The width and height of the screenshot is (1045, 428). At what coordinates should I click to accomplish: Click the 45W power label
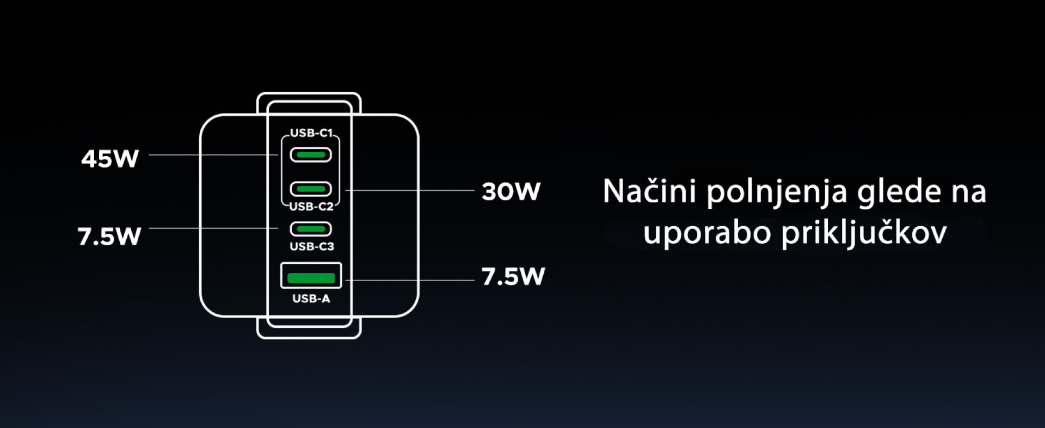(110, 158)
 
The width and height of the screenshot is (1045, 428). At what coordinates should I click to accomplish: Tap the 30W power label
(511, 191)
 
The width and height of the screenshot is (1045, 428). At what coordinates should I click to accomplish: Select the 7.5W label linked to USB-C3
(109, 236)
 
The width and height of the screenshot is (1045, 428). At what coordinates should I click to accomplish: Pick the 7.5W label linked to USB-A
(513, 276)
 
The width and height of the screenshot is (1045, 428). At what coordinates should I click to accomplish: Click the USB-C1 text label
(311, 133)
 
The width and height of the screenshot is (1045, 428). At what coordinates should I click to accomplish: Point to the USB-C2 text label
(311, 206)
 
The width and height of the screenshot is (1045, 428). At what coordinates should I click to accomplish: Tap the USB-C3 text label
(312, 246)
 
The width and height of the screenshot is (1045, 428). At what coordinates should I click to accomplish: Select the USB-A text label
(311, 299)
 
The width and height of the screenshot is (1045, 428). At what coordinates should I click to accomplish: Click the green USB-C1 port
(311, 155)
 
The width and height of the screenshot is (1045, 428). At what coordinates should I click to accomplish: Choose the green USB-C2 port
(311, 189)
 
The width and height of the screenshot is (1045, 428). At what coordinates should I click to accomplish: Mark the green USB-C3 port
(311, 228)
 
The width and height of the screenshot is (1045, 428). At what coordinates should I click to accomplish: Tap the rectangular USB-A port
(311, 276)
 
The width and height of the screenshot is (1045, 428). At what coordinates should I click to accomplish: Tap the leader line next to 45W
(214, 155)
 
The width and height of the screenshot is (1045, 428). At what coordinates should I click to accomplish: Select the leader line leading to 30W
(410, 190)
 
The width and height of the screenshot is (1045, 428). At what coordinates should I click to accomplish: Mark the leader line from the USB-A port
(410, 281)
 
